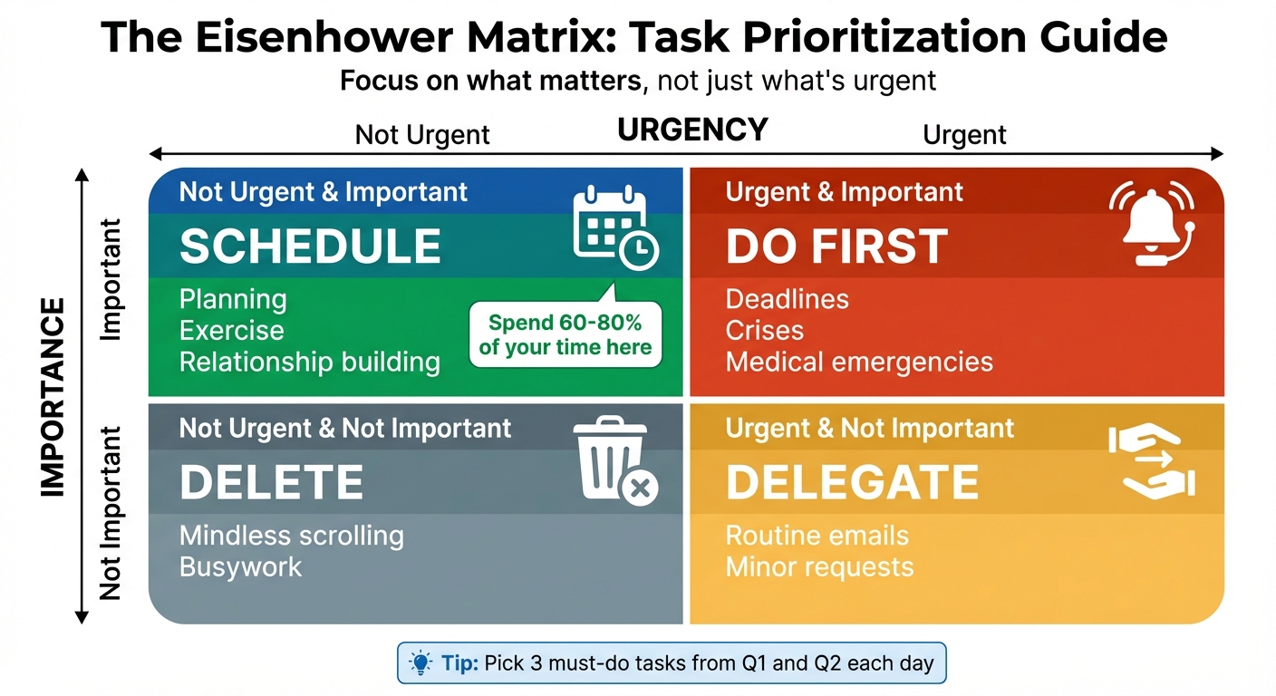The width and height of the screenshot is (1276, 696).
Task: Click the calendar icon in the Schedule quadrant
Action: click(614, 227)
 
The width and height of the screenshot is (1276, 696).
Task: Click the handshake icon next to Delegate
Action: click(1152, 461)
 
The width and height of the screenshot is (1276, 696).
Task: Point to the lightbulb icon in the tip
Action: click(420, 662)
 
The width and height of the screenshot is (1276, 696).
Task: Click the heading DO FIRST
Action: click(836, 246)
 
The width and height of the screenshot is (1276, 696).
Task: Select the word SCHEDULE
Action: click(310, 246)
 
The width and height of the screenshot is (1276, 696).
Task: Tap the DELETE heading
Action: click(271, 482)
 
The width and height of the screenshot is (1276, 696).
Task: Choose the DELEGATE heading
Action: click(852, 482)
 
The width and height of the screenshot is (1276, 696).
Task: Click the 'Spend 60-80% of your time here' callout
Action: click(565, 335)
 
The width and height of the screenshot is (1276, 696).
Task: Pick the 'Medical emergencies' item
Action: click(859, 362)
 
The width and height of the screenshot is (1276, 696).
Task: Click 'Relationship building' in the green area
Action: click(309, 362)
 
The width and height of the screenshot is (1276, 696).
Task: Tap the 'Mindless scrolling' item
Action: click(291, 536)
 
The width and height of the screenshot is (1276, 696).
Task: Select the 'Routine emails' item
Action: click(817, 536)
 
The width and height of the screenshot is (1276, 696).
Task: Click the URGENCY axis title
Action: click(692, 130)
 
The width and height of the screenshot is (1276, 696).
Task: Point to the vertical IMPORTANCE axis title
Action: click(53, 396)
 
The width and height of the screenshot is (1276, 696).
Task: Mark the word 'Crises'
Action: click(764, 331)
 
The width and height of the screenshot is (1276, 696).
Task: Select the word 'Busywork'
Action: click(240, 567)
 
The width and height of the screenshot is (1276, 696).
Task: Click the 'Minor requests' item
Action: click(819, 567)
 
